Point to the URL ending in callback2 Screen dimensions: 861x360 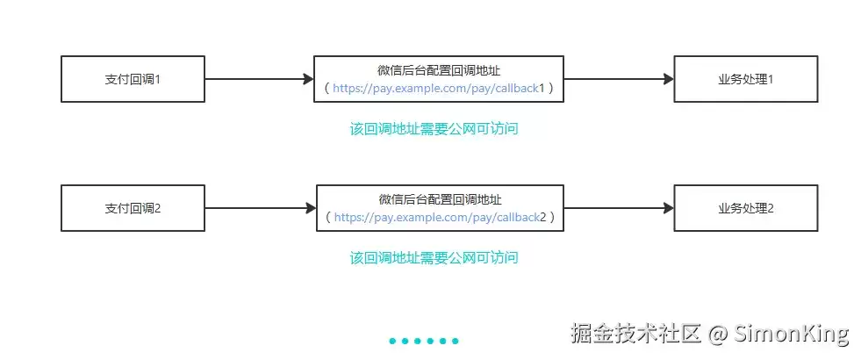pos(441,217)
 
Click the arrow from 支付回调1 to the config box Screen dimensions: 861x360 pos(259,79)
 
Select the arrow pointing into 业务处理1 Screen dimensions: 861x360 pos(619,79)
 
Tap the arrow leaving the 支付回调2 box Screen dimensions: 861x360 pos(261,208)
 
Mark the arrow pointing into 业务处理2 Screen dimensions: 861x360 pos(619,208)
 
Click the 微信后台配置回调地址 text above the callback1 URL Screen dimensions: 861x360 pos(439,70)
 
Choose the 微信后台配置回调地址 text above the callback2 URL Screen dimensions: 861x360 pos(440,199)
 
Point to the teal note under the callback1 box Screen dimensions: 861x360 pos(434,128)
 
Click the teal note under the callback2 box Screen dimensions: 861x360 pos(434,257)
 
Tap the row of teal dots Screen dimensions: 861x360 pos(424,341)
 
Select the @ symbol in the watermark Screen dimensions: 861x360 pos(717,334)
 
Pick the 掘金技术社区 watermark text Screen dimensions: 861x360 pos(635,333)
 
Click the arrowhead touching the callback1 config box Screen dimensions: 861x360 pos(309,79)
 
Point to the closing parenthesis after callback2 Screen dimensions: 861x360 pos(552,217)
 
